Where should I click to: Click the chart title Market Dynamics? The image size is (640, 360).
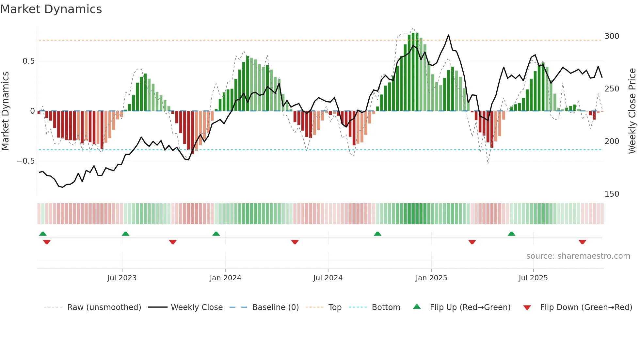[x=51, y=9]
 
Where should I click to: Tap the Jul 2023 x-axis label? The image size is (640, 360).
[x=122, y=278]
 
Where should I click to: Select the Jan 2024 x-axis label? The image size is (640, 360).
[x=225, y=278]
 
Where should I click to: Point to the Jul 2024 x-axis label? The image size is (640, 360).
[x=328, y=278]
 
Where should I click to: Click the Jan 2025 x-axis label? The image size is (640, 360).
[x=431, y=278]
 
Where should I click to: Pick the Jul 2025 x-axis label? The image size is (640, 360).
[x=533, y=278]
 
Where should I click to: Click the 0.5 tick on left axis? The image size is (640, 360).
[x=28, y=61]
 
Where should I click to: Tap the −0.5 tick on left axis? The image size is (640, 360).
[x=25, y=161]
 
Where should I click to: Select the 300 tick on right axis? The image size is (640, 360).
[x=612, y=36]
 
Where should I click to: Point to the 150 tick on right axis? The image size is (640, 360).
[x=612, y=194]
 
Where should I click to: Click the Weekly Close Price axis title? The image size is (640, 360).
[x=632, y=111]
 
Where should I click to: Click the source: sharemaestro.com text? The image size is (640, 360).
[x=578, y=256]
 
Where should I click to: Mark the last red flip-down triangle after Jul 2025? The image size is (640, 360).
[x=582, y=242]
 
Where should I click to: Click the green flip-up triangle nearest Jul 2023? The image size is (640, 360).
[x=125, y=234]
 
